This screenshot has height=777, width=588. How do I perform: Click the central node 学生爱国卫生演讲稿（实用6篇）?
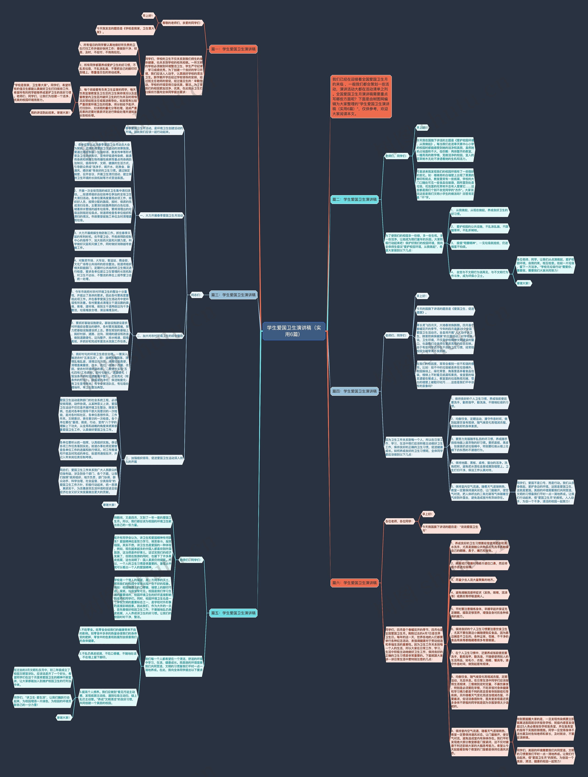[294, 331]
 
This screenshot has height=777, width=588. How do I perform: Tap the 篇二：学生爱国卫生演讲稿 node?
[354, 199]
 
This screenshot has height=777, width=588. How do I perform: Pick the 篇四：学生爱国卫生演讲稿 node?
[354, 391]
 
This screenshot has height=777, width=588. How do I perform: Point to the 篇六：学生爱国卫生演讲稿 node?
[354, 583]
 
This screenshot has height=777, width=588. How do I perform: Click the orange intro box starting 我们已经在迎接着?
[361, 96]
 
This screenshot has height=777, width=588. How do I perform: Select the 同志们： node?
[196, 295]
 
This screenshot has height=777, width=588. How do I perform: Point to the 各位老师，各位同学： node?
[399, 521]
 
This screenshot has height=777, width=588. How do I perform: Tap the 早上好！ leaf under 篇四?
[421, 296]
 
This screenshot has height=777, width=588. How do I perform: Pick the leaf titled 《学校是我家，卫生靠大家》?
[126, 30]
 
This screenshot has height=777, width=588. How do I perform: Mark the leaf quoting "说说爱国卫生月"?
[450, 528]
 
